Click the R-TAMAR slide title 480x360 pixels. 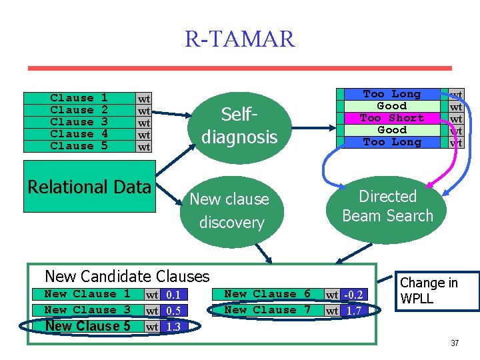239,39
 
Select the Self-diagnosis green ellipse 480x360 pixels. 239,126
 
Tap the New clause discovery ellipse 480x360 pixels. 231,211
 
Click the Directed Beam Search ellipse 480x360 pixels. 387,206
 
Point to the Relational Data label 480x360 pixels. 89,187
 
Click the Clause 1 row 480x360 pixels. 79,98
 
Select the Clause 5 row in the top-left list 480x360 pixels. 79,146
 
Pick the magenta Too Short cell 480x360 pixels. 391,118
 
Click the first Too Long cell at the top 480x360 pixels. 391,94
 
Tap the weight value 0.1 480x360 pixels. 173,295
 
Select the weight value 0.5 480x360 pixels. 173,311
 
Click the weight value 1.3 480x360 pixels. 173,327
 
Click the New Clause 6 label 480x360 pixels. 267,294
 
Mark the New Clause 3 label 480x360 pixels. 87,310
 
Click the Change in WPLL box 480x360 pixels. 439,291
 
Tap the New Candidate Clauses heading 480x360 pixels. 127,276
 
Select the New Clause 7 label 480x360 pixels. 267,310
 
